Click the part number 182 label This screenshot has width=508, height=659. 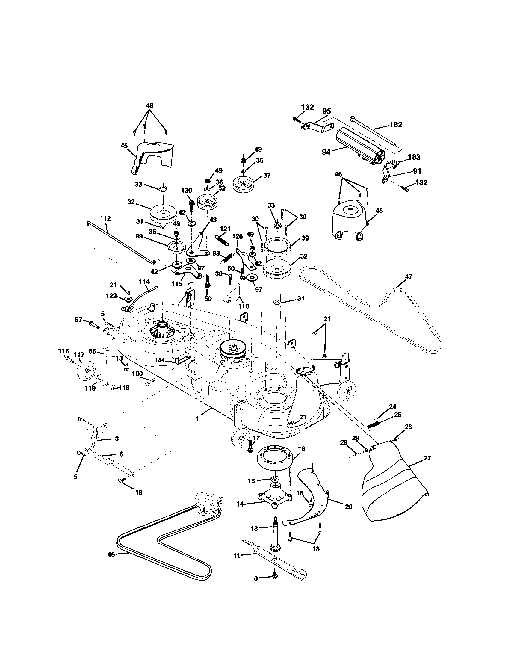396,125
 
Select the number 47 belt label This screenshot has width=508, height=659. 409,276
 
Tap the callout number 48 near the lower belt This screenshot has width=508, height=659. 111,554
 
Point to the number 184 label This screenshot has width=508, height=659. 160,360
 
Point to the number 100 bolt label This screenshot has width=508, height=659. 137,374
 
